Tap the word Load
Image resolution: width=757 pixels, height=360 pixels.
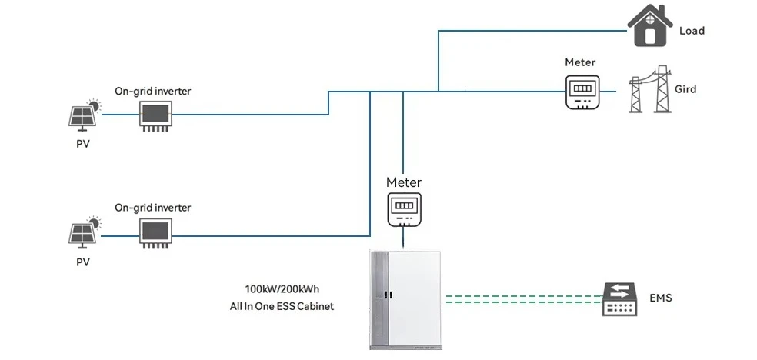pyautogui.click(x=692, y=31)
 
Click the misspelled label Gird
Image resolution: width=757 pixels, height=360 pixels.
pyautogui.click(x=685, y=89)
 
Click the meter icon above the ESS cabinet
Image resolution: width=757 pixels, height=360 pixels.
pyautogui.click(x=404, y=208)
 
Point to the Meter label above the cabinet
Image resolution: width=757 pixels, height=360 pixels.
pyautogui.click(x=404, y=182)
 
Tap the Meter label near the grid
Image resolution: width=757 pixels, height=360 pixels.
pyautogui.click(x=580, y=62)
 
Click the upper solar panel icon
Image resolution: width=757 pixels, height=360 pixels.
pyautogui.click(x=83, y=115)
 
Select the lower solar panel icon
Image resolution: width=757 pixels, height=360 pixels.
pyautogui.click(x=83, y=232)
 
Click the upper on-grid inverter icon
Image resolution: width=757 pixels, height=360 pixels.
pyautogui.click(x=155, y=115)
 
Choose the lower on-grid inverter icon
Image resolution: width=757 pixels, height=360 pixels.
pyautogui.click(x=155, y=232)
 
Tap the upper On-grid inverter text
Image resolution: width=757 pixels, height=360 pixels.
pyautogui.click(x=152, y=91)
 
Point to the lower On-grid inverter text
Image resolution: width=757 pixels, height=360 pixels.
pyautogui.click(x=152, y=208)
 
